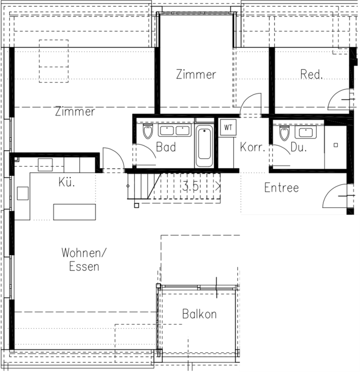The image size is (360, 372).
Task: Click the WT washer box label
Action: point(228,128)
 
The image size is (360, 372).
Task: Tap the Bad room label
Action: point(166,147)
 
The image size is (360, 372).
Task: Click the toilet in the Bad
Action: point(148,131)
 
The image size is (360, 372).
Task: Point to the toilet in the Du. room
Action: point(284,133)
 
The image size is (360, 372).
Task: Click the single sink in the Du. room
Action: point(306,132)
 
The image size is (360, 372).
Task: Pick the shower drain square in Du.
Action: point(336,145)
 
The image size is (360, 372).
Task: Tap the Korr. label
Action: point(252,147)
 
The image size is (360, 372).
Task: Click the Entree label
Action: point(281,188)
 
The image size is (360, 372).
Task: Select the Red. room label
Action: point(311,74)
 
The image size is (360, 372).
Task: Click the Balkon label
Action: point(199,314)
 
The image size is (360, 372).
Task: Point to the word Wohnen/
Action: point(84,253)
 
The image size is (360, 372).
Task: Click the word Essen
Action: point(84,267)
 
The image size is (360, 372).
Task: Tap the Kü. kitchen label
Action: point(67,182)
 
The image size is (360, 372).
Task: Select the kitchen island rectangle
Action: point(75,212)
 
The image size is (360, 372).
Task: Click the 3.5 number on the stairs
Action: point(190,186)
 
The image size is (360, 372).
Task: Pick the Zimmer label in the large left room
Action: point(75,112)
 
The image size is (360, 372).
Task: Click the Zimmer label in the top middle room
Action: point(196,74)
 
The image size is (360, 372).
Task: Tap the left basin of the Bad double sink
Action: point(167,131)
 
